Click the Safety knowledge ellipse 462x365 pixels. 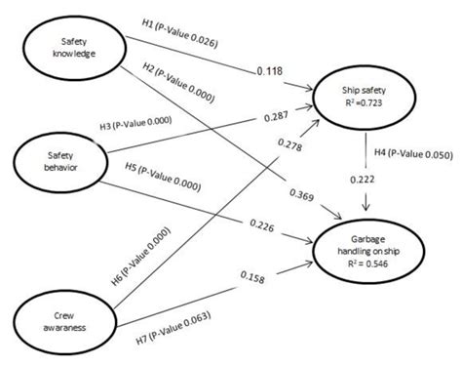coord(65,49)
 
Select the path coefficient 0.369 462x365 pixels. coord(303,198)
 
